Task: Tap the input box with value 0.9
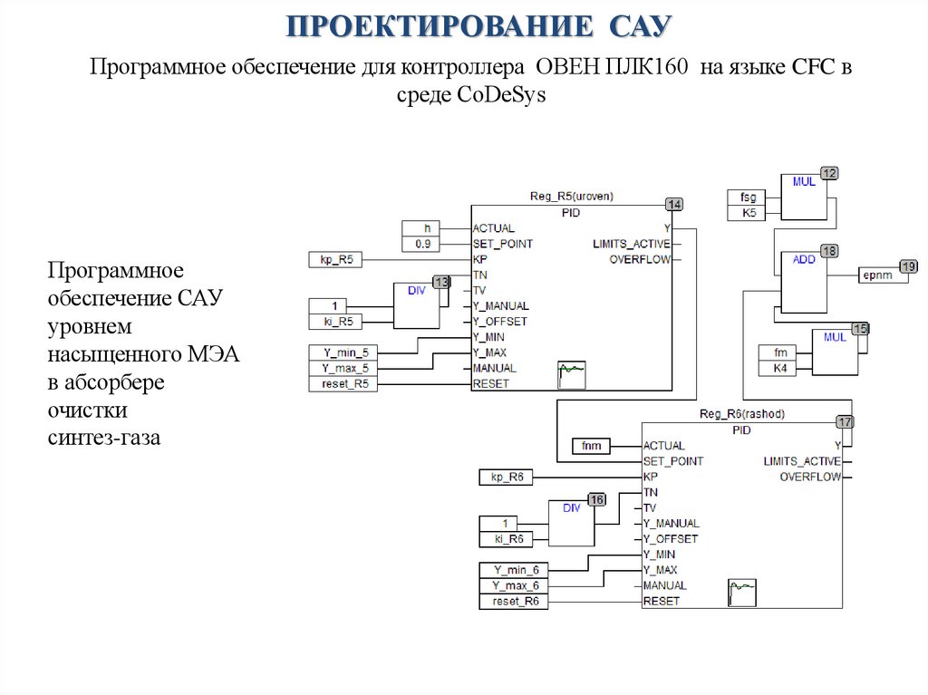click(x=422, y=244)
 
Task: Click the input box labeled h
click(x=422, y=228)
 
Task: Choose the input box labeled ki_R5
click(x=343, y=320)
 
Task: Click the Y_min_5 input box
click(x=343, y=352)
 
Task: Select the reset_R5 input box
click(x=343, y=383)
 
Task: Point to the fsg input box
click(x=748, y=197)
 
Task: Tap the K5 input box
click(x=748, y=213)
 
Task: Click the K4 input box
click(x=779, y=368)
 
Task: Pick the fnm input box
click(x=592, y=446)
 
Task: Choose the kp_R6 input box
click(x=513, y=477)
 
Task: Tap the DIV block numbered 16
click(x=571, y=523)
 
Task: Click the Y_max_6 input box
click(x=513, y=585)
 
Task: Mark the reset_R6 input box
click(x=513, y=602)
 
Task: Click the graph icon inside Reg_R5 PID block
click(x=572, y=372)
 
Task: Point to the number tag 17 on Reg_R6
click(x=844, y=421)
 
